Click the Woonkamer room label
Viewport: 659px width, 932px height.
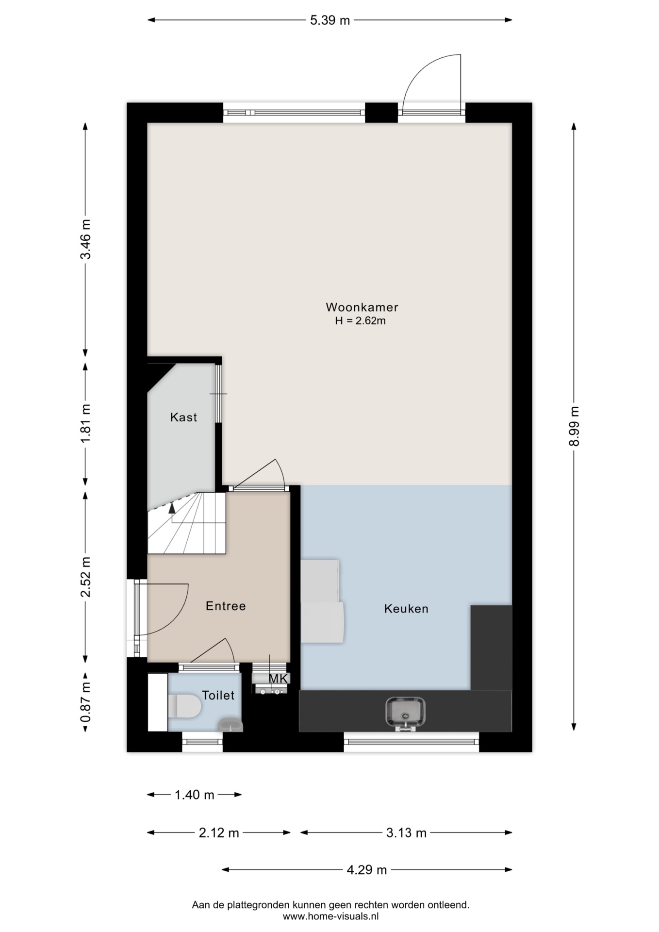click(x=362, y=307)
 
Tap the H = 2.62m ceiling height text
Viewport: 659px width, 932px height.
click(x=360, y=321)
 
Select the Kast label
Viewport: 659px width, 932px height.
click(x=183, y=417)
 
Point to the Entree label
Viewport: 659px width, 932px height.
click(x=226, y=606)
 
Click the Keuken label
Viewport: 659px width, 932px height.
click(x=406, y=609)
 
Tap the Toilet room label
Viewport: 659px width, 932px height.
click(x=218, y=695)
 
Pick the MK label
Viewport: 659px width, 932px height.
click(x=279, y=679)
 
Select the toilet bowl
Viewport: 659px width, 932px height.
click(x=185, y=706)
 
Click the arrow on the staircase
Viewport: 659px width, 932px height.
click(x=172, y=508)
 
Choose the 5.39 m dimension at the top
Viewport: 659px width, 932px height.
click(x=330, y=20)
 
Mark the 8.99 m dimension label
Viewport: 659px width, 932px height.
click(x=575, y=426)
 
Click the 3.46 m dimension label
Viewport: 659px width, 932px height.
click(x=86, y=239)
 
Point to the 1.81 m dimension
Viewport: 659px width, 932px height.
click(x=86, y=423)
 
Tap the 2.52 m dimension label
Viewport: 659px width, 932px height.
click(x=86, y=577)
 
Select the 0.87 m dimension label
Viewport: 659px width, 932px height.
click(x=86, y=702)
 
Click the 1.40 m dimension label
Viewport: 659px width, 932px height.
click(x=194, y=795)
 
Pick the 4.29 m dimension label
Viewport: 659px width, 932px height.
click(x=367, y=870)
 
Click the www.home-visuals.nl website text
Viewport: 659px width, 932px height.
click(x=330, y=916)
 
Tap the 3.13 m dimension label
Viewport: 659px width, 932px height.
click(x=406, y=833)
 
